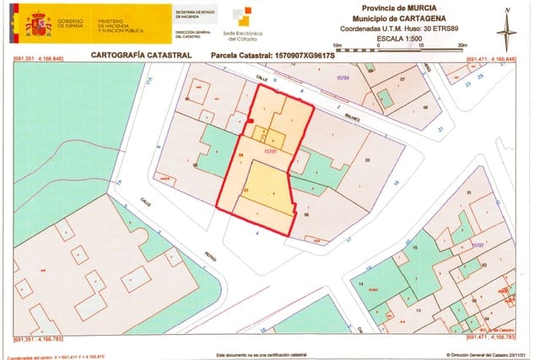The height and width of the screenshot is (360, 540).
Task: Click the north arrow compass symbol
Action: [x=506, y=29]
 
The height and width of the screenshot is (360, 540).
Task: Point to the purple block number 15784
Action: [x=343, y=78]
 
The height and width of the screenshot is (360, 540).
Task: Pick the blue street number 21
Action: [x=440, y=129]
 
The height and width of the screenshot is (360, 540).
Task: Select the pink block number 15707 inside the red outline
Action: [x=271, y=152]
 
